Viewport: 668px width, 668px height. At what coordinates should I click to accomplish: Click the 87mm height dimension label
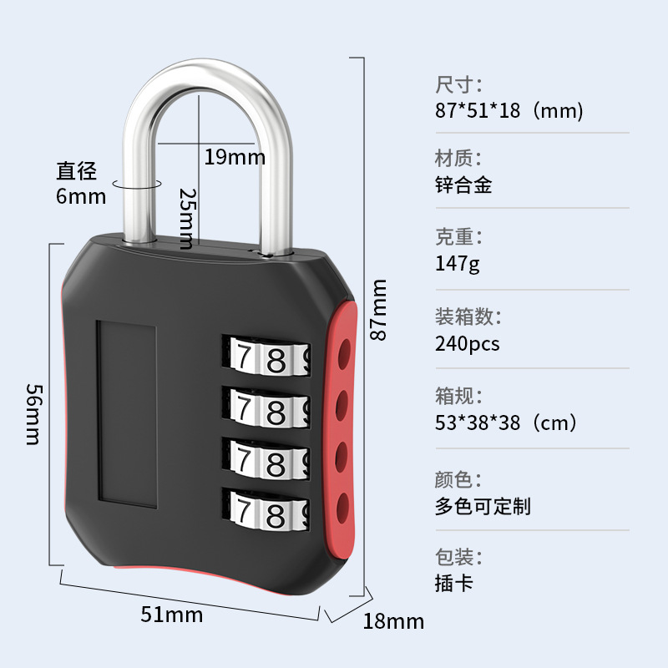pos(380,309)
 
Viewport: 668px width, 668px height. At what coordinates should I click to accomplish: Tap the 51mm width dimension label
pos(172,615)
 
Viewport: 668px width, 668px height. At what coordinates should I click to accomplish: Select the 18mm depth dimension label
pos(393,621)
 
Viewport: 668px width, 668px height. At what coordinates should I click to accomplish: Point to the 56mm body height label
pos(33,414)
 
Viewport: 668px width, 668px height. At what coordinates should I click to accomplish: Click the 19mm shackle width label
pos(235,156)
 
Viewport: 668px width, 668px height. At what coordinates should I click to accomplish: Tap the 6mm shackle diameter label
pos(81,196)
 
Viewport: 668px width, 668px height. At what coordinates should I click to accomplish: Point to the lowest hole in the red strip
pos(342,504)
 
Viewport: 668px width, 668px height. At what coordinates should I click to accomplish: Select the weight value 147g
pos(458,264)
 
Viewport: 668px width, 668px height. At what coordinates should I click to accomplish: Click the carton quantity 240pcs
pos(468,343)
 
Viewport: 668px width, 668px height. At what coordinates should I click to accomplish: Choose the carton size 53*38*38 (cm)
pos(506,423)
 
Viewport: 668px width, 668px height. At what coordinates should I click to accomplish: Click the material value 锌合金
pos(463,185)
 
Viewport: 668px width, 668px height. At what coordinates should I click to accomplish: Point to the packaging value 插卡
pos(454,582)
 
